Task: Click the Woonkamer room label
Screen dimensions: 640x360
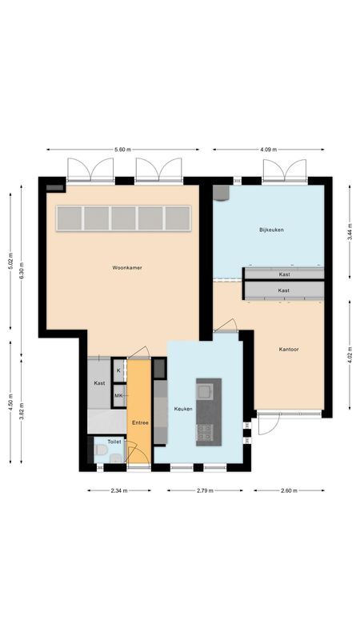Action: tap(127, 267)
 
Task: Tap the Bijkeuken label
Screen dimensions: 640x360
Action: tap(271, 230)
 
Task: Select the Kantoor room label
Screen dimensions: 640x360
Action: tap(290, 350)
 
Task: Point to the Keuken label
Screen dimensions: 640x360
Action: tap(183, 409)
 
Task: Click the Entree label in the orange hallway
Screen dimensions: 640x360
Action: tap(139, 422)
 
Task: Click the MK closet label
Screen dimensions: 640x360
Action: tap(118, 395)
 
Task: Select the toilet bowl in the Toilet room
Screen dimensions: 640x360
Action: tap(101, 452)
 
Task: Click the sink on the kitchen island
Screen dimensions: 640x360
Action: tap(206, 391)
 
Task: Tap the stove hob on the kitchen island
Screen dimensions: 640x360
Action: tap(206, 433)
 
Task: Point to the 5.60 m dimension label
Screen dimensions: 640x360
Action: tap(122, 150)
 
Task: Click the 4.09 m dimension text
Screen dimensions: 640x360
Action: tap(268, 150)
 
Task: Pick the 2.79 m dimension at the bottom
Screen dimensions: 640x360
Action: tap(205, 490)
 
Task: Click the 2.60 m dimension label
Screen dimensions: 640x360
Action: tap(289, 490)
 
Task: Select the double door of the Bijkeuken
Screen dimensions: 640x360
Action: tap(285, 170)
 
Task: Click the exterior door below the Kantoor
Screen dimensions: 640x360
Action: tap(267, 424)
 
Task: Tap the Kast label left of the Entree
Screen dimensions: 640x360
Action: tap(99, 383)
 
